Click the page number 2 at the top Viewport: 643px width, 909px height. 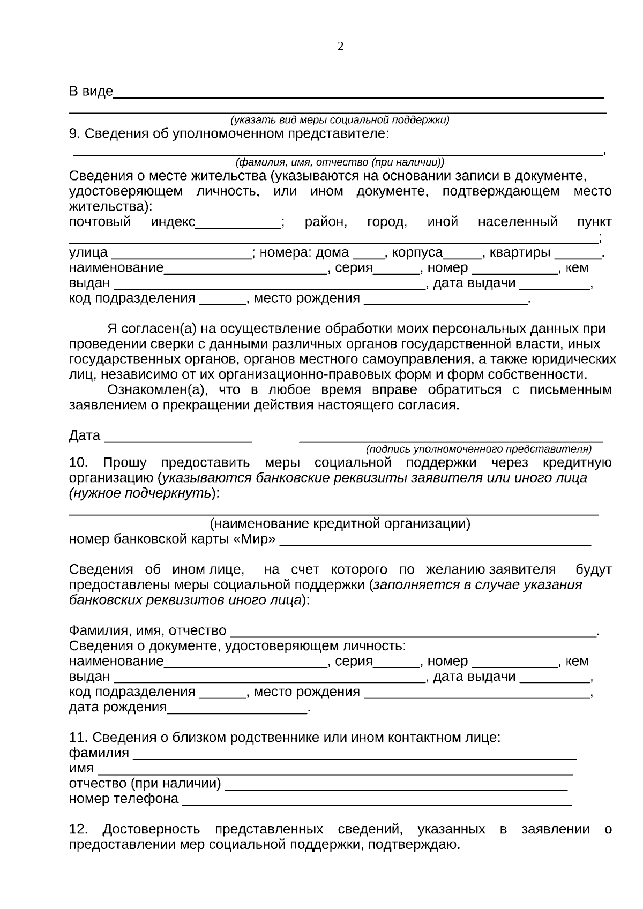(x=340, y=47)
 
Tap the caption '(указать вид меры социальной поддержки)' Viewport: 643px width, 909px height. (x=340, y=120)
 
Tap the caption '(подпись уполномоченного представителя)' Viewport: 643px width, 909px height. (x=478, y=449)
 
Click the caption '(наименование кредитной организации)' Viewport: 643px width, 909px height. (x=340, y=524)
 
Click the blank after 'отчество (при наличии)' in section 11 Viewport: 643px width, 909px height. (x=395, y=787)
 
